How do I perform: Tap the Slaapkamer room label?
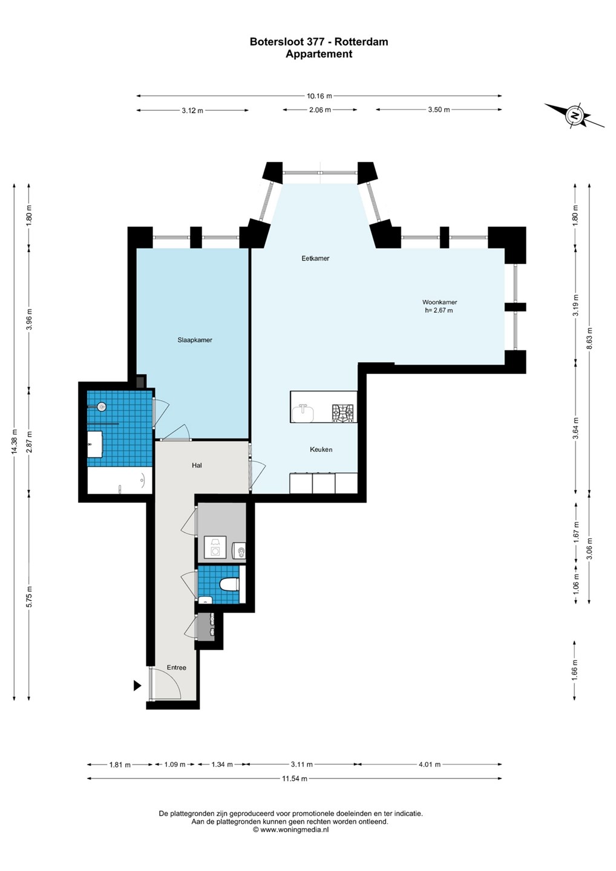coord(195,340)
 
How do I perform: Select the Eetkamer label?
coord(315,258)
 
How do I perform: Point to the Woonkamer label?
coord(439,302)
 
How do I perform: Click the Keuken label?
coord(321,449)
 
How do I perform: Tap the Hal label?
coord(197,465)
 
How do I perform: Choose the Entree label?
coord(177,668)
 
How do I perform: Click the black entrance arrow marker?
coord(137,685)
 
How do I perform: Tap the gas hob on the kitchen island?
coord(342,413)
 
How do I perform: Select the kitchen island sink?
coord(303,413)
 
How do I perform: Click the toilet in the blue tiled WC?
coord(229,584)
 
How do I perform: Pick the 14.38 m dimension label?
coord(15,442)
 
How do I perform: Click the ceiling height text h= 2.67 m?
coord(439,310)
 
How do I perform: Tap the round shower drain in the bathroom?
coord(102,407)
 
